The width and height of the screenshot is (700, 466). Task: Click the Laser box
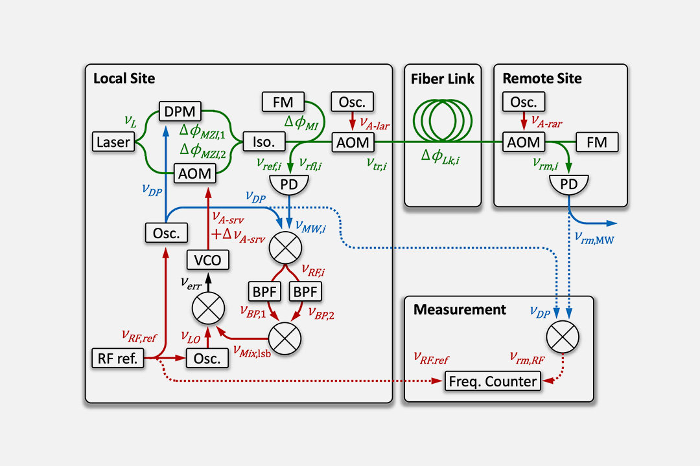[113, 141]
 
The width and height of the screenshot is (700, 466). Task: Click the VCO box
[208, 260]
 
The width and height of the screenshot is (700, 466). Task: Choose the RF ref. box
[118, 358]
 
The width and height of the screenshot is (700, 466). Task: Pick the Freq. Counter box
[493, 382]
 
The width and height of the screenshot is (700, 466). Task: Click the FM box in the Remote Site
[597, 141]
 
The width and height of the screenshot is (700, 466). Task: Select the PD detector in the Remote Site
[568, 184]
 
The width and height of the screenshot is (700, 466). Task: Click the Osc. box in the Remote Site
[524, 102]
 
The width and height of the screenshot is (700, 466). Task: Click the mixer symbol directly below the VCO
[208, 307]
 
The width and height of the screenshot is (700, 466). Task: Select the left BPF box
[264, 291]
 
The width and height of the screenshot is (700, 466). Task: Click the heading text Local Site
[124, 79]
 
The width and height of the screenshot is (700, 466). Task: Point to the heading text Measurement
[460, 309]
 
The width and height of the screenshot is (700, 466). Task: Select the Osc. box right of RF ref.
[207, 358]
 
